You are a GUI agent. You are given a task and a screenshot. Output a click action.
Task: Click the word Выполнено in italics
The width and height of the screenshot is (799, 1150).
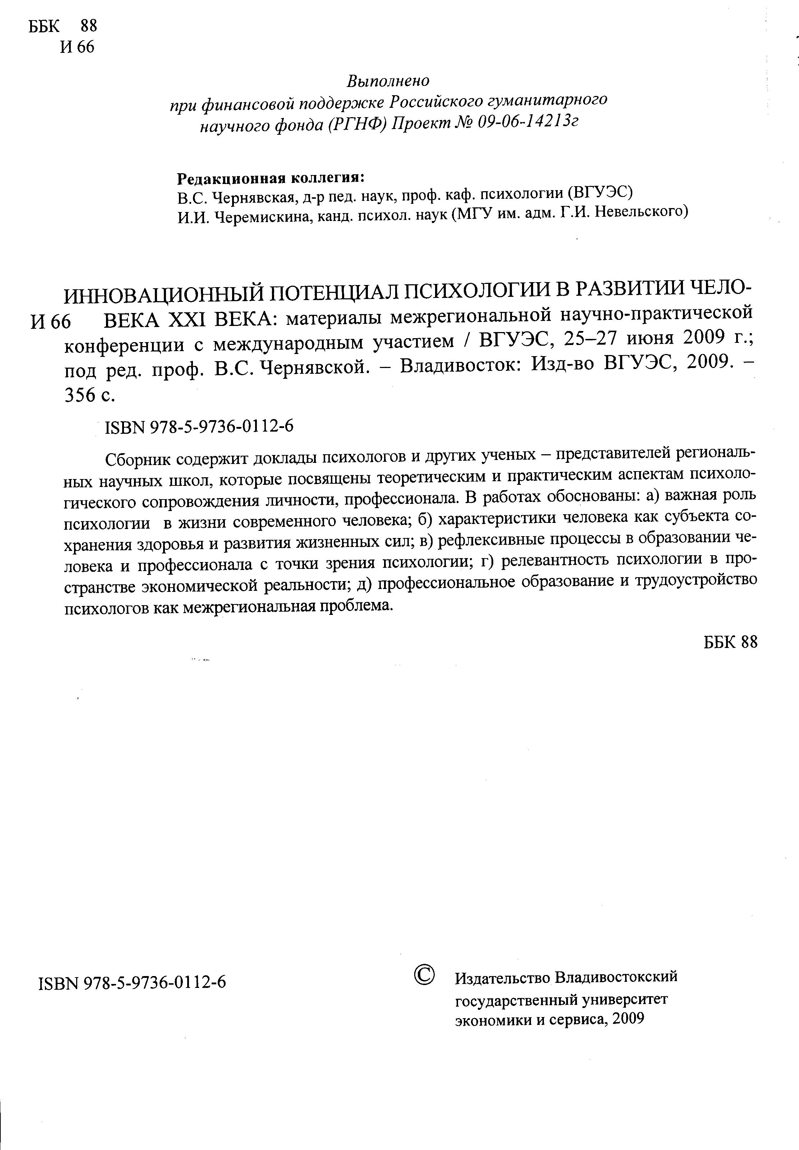tap(388, 80)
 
